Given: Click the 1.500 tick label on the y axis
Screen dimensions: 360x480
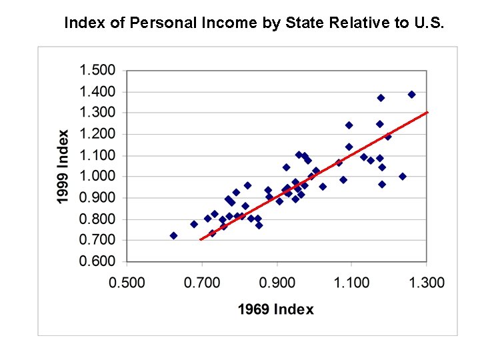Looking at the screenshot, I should (x=98, y=70).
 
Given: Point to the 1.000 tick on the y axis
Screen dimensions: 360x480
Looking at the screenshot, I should (x=98, y=177).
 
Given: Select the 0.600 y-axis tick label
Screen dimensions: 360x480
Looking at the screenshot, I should (x=98, y=261).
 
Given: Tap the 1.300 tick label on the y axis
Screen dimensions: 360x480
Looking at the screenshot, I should (x=98, y=113).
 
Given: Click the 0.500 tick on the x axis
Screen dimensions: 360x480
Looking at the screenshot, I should (x=127, y=283).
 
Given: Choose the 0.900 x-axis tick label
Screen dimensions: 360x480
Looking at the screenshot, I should (x=277, y=283).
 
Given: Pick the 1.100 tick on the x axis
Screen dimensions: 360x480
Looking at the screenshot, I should (x=352, y=283).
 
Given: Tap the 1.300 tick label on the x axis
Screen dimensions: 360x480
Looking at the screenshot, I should (x=427, y=283).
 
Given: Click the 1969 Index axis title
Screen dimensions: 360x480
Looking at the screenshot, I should (x=276, y=309).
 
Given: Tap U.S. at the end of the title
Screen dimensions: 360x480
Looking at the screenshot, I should (x=428, y=23).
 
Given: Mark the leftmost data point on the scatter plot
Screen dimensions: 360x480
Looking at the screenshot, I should (x=174, y=235).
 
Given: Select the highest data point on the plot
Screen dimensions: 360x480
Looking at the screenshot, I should (x=411, y=95).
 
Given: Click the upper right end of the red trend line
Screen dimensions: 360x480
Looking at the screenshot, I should (x=427, y=112).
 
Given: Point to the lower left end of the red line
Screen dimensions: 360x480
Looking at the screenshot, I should (x=199, y=239).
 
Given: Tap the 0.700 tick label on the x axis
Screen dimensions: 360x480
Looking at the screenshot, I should (x=202, y=283).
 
